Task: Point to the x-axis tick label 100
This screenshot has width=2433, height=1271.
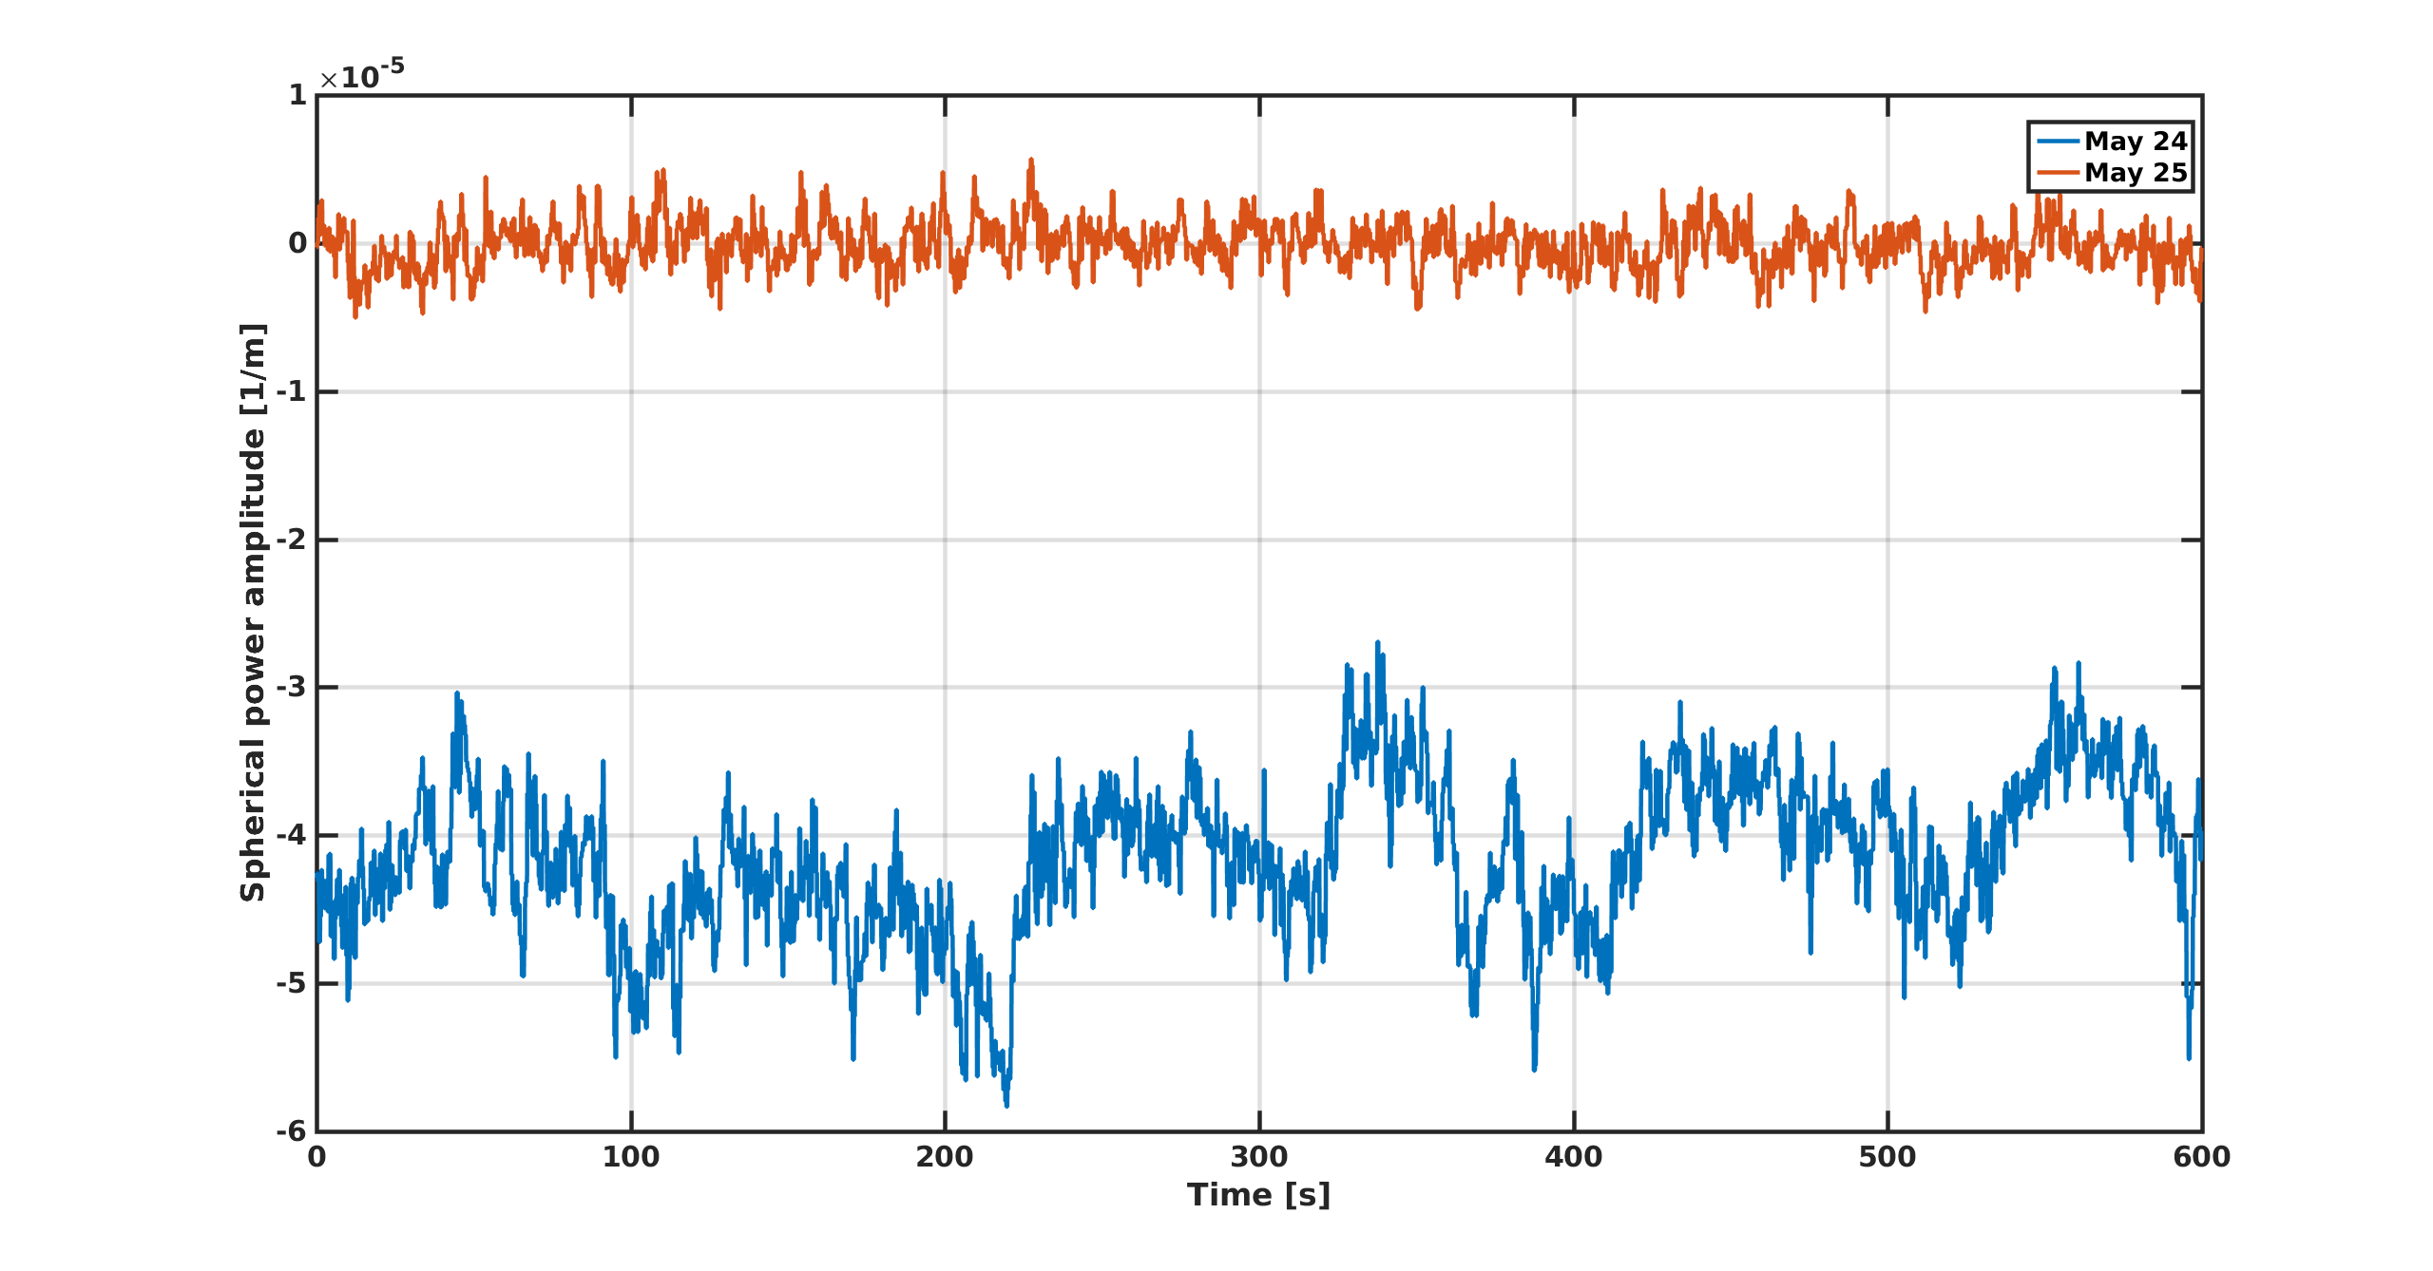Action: (x=630, y=1157)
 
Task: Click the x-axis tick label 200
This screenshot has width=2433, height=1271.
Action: (x=945, y=1157)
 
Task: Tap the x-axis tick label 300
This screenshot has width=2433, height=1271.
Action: (x=1259, y=1157)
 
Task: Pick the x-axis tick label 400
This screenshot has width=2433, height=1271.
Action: (x=1573, y=1157)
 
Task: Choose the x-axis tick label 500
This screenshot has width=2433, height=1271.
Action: (x=1887, y=1157)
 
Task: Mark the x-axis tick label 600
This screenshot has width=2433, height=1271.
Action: (x=2201, y=1157)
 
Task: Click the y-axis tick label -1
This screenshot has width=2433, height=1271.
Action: (x=292, y=391)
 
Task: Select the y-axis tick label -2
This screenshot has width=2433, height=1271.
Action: (x=292, y=540)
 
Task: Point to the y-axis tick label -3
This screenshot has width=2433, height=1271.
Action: (x=292, y=687)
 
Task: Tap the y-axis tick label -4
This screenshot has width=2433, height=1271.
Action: (x=292, y=835)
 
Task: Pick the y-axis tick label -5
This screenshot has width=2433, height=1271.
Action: (x=292, y=983)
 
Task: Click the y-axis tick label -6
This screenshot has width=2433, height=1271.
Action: (x=292, y=1131)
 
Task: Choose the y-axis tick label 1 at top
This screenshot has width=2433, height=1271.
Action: (x=297, y=95)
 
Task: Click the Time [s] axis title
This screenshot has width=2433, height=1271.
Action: (x=1258, y=1195)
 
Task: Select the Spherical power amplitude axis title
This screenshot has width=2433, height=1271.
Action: (x=253, y=613)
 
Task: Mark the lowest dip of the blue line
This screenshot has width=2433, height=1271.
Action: (x=1006, y=1105)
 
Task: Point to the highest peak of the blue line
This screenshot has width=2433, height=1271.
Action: (x=1377, y=643)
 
